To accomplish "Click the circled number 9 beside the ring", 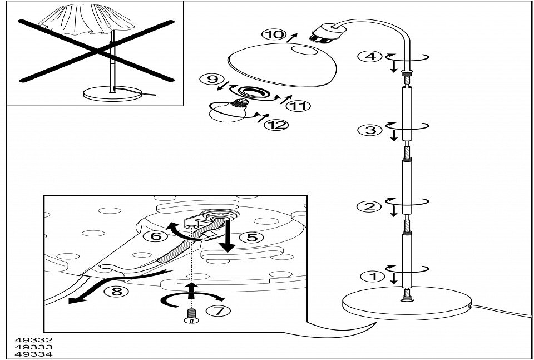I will tap(213, 80).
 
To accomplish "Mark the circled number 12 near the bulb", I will tap(276, 124).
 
